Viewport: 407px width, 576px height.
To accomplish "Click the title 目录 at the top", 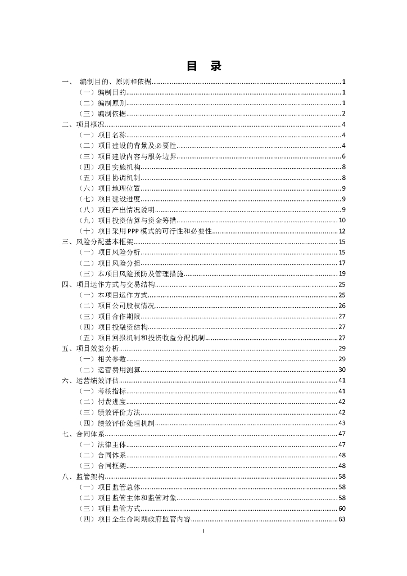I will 203,66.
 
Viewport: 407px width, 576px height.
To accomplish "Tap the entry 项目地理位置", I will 119,188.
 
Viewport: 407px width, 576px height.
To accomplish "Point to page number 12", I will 342,231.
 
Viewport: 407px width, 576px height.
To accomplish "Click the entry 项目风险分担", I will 119,263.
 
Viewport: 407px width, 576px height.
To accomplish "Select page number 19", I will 342,273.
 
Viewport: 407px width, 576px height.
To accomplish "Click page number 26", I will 342,305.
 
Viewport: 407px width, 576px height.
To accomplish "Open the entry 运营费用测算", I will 119,370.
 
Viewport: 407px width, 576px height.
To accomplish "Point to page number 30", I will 342,370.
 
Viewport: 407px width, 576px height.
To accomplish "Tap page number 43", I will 342,423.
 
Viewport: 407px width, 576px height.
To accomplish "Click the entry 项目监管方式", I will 119,508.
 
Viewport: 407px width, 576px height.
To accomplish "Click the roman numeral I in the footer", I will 203,530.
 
